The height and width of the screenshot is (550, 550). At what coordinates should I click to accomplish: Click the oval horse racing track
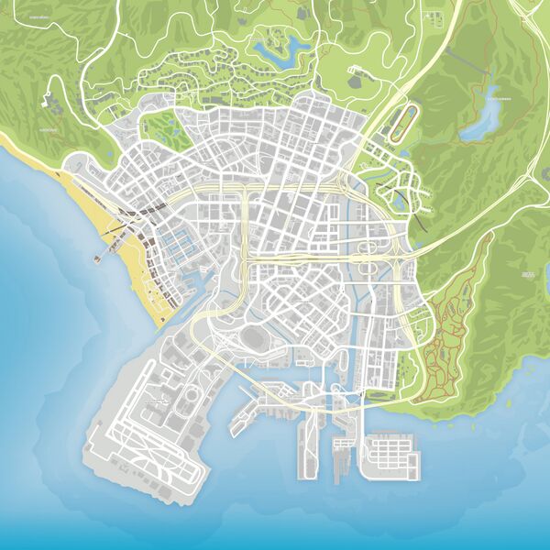coord(401,123)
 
